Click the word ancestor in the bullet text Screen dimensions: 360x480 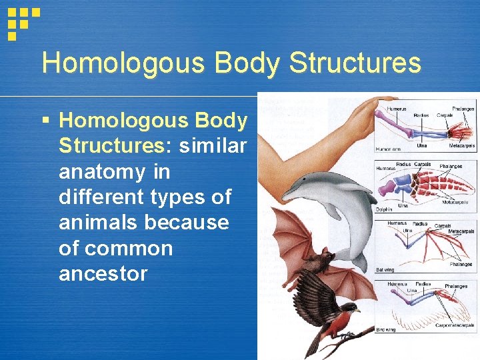pos(103,274)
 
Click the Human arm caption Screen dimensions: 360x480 pos(389,149)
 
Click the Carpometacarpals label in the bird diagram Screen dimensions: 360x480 pos(455,325)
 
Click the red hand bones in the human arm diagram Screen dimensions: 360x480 pos(454,129)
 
